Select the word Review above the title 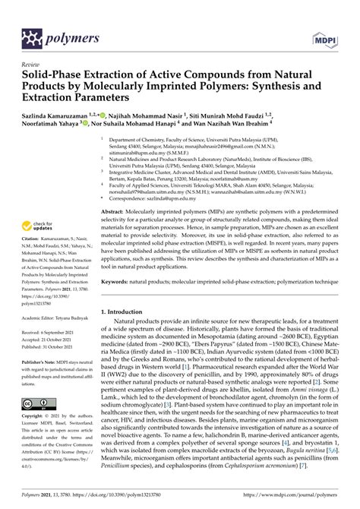pyautogui.click(x=31, y=65)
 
